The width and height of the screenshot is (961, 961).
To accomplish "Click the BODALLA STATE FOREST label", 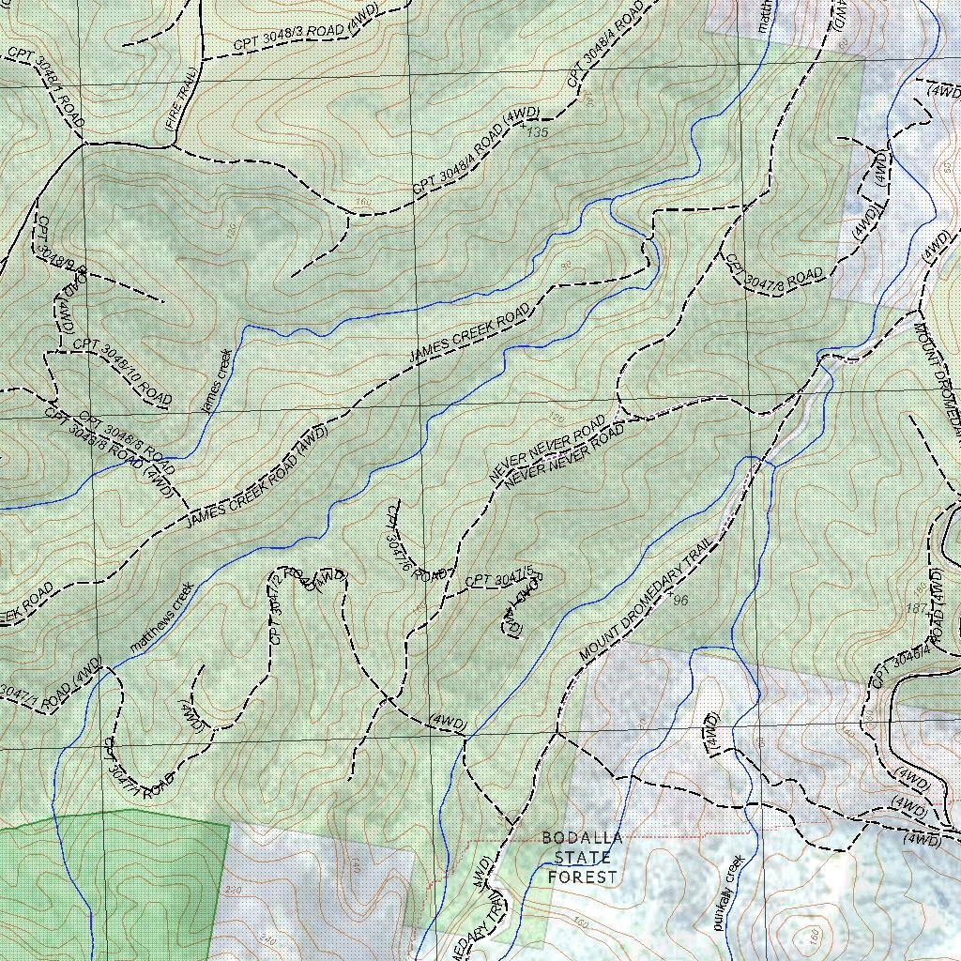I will click(x=583, y=857).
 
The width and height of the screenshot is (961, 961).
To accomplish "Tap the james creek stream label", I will click(x=217, y=381).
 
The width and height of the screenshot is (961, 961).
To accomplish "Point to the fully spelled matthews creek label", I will click(x=161, y=617).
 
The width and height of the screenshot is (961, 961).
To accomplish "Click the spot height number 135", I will click(x=537, y=133).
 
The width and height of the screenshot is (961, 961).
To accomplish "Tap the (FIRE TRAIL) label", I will click(x=181, y=98).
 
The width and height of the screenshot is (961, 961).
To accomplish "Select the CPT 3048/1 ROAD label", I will click(x=47, y=87).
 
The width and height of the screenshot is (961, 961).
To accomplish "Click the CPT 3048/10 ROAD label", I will click(x=122, y=373).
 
